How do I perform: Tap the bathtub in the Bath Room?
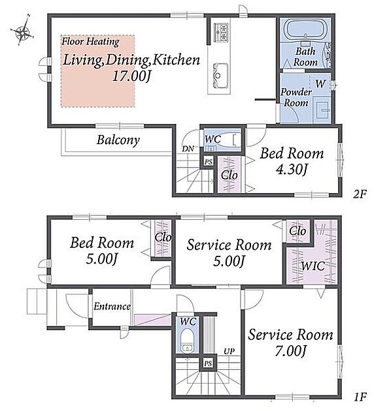[305, 29]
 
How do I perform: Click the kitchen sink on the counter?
[220, 76]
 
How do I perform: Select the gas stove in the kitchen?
[221, 32]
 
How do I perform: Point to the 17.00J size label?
[131, 76]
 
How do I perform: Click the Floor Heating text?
[90, 42]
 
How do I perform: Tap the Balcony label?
[118, 140]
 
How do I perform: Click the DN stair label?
[188, 149]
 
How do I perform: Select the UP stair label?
[229, 351]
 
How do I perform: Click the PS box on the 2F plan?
[208, 162]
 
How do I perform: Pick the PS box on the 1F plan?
[208, 363]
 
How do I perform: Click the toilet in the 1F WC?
[187, 340]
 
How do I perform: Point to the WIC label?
[313, 266]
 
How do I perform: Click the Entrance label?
[112, 307]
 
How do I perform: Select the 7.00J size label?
[290, 351]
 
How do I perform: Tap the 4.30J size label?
[292, 170]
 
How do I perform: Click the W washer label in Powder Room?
[321, 84]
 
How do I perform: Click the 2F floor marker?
[360, 194]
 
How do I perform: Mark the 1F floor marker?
[360, 397]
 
